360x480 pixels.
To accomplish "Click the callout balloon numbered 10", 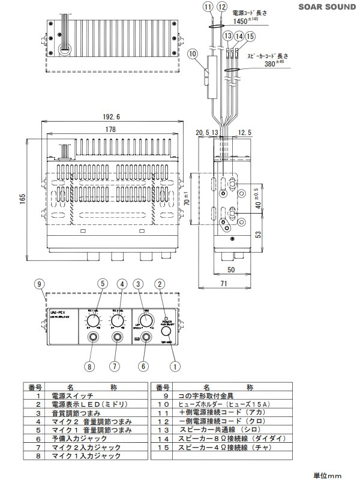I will tap(192, 54).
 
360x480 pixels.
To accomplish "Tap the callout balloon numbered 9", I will tap(39, 283).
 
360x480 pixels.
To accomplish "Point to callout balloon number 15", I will tap(250, 37).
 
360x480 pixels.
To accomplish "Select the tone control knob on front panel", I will tap(146, 319).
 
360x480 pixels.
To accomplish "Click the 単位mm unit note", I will tap(328, 475).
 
